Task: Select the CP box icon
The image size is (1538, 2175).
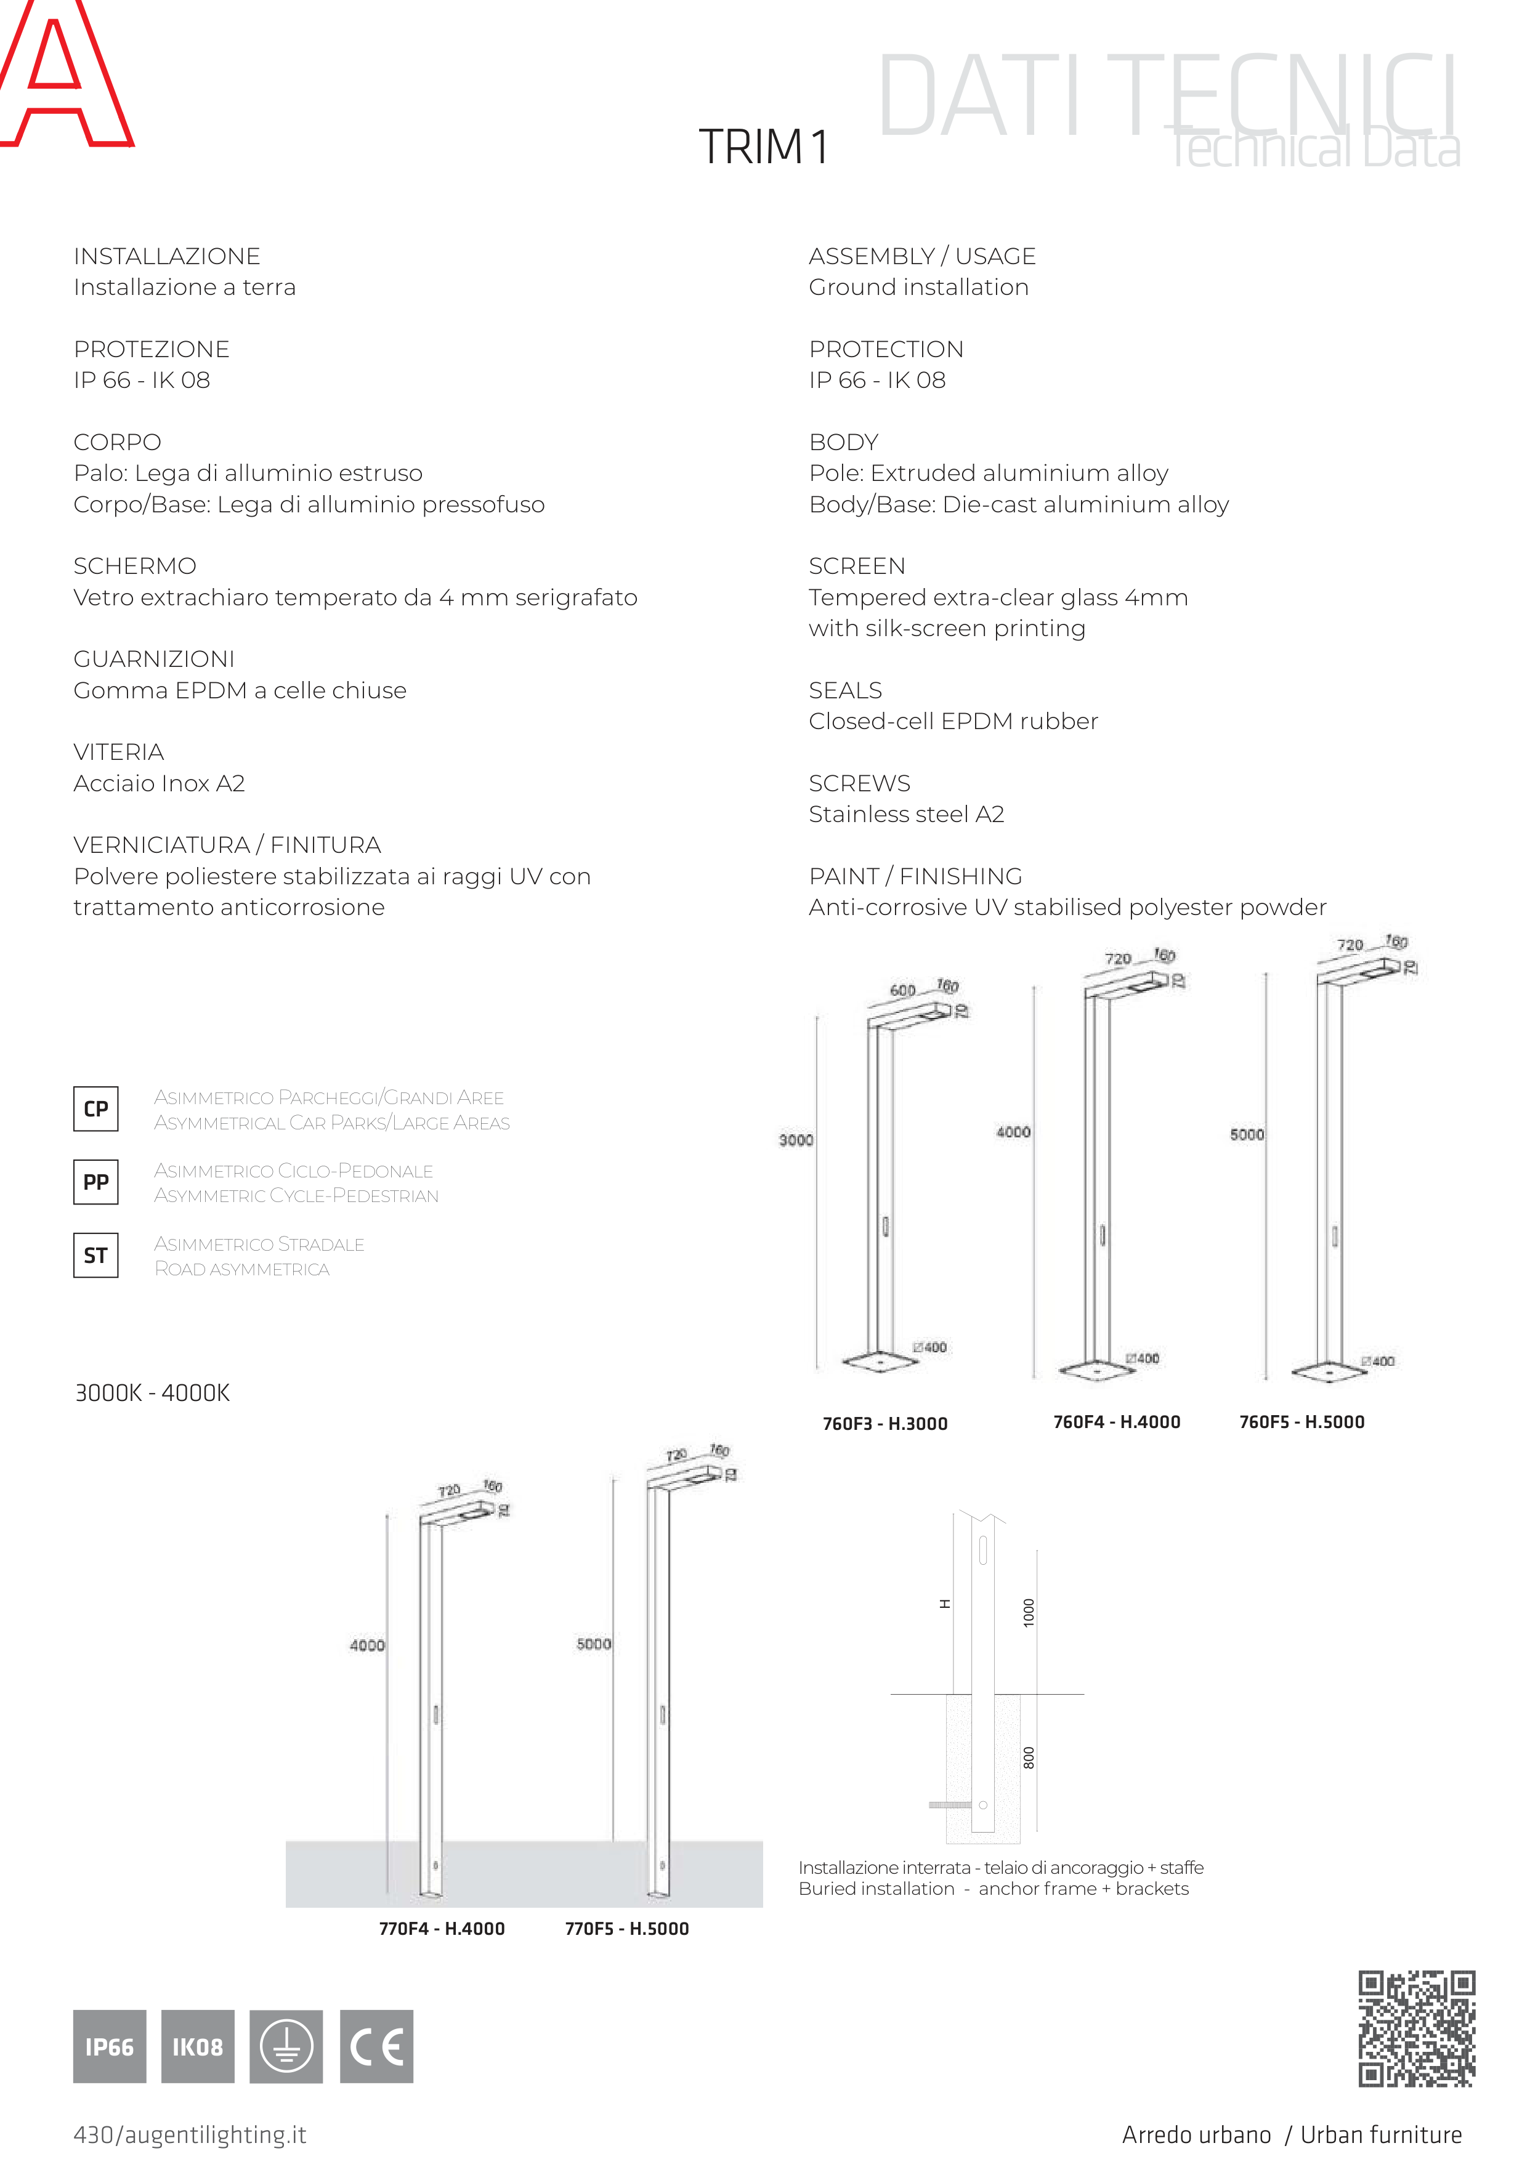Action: pos(95,1108)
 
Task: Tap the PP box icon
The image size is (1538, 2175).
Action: pos(95,1181)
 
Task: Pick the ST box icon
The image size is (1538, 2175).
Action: pos(95,1255)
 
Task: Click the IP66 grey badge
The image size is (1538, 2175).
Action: pos(110,2046)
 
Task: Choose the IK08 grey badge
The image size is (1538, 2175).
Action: pos(197,2046)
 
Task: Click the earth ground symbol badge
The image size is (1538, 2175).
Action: pos(286,2046)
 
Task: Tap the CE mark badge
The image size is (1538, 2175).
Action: pos(376,2046)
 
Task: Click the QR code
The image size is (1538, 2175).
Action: pos(1417,2028)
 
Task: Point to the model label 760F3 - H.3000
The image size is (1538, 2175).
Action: pos(885,1423)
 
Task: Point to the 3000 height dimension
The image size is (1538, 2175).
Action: pos(796,1140)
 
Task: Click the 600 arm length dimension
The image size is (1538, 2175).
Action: pos(902,990)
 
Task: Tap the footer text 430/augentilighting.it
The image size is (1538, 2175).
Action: pos(190,2134)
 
